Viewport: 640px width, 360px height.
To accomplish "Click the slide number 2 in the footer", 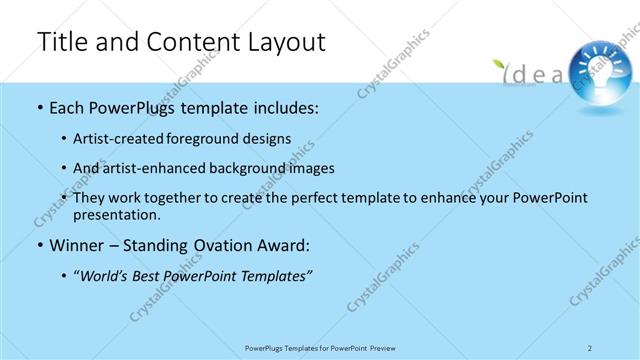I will click(x=590, y=347).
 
